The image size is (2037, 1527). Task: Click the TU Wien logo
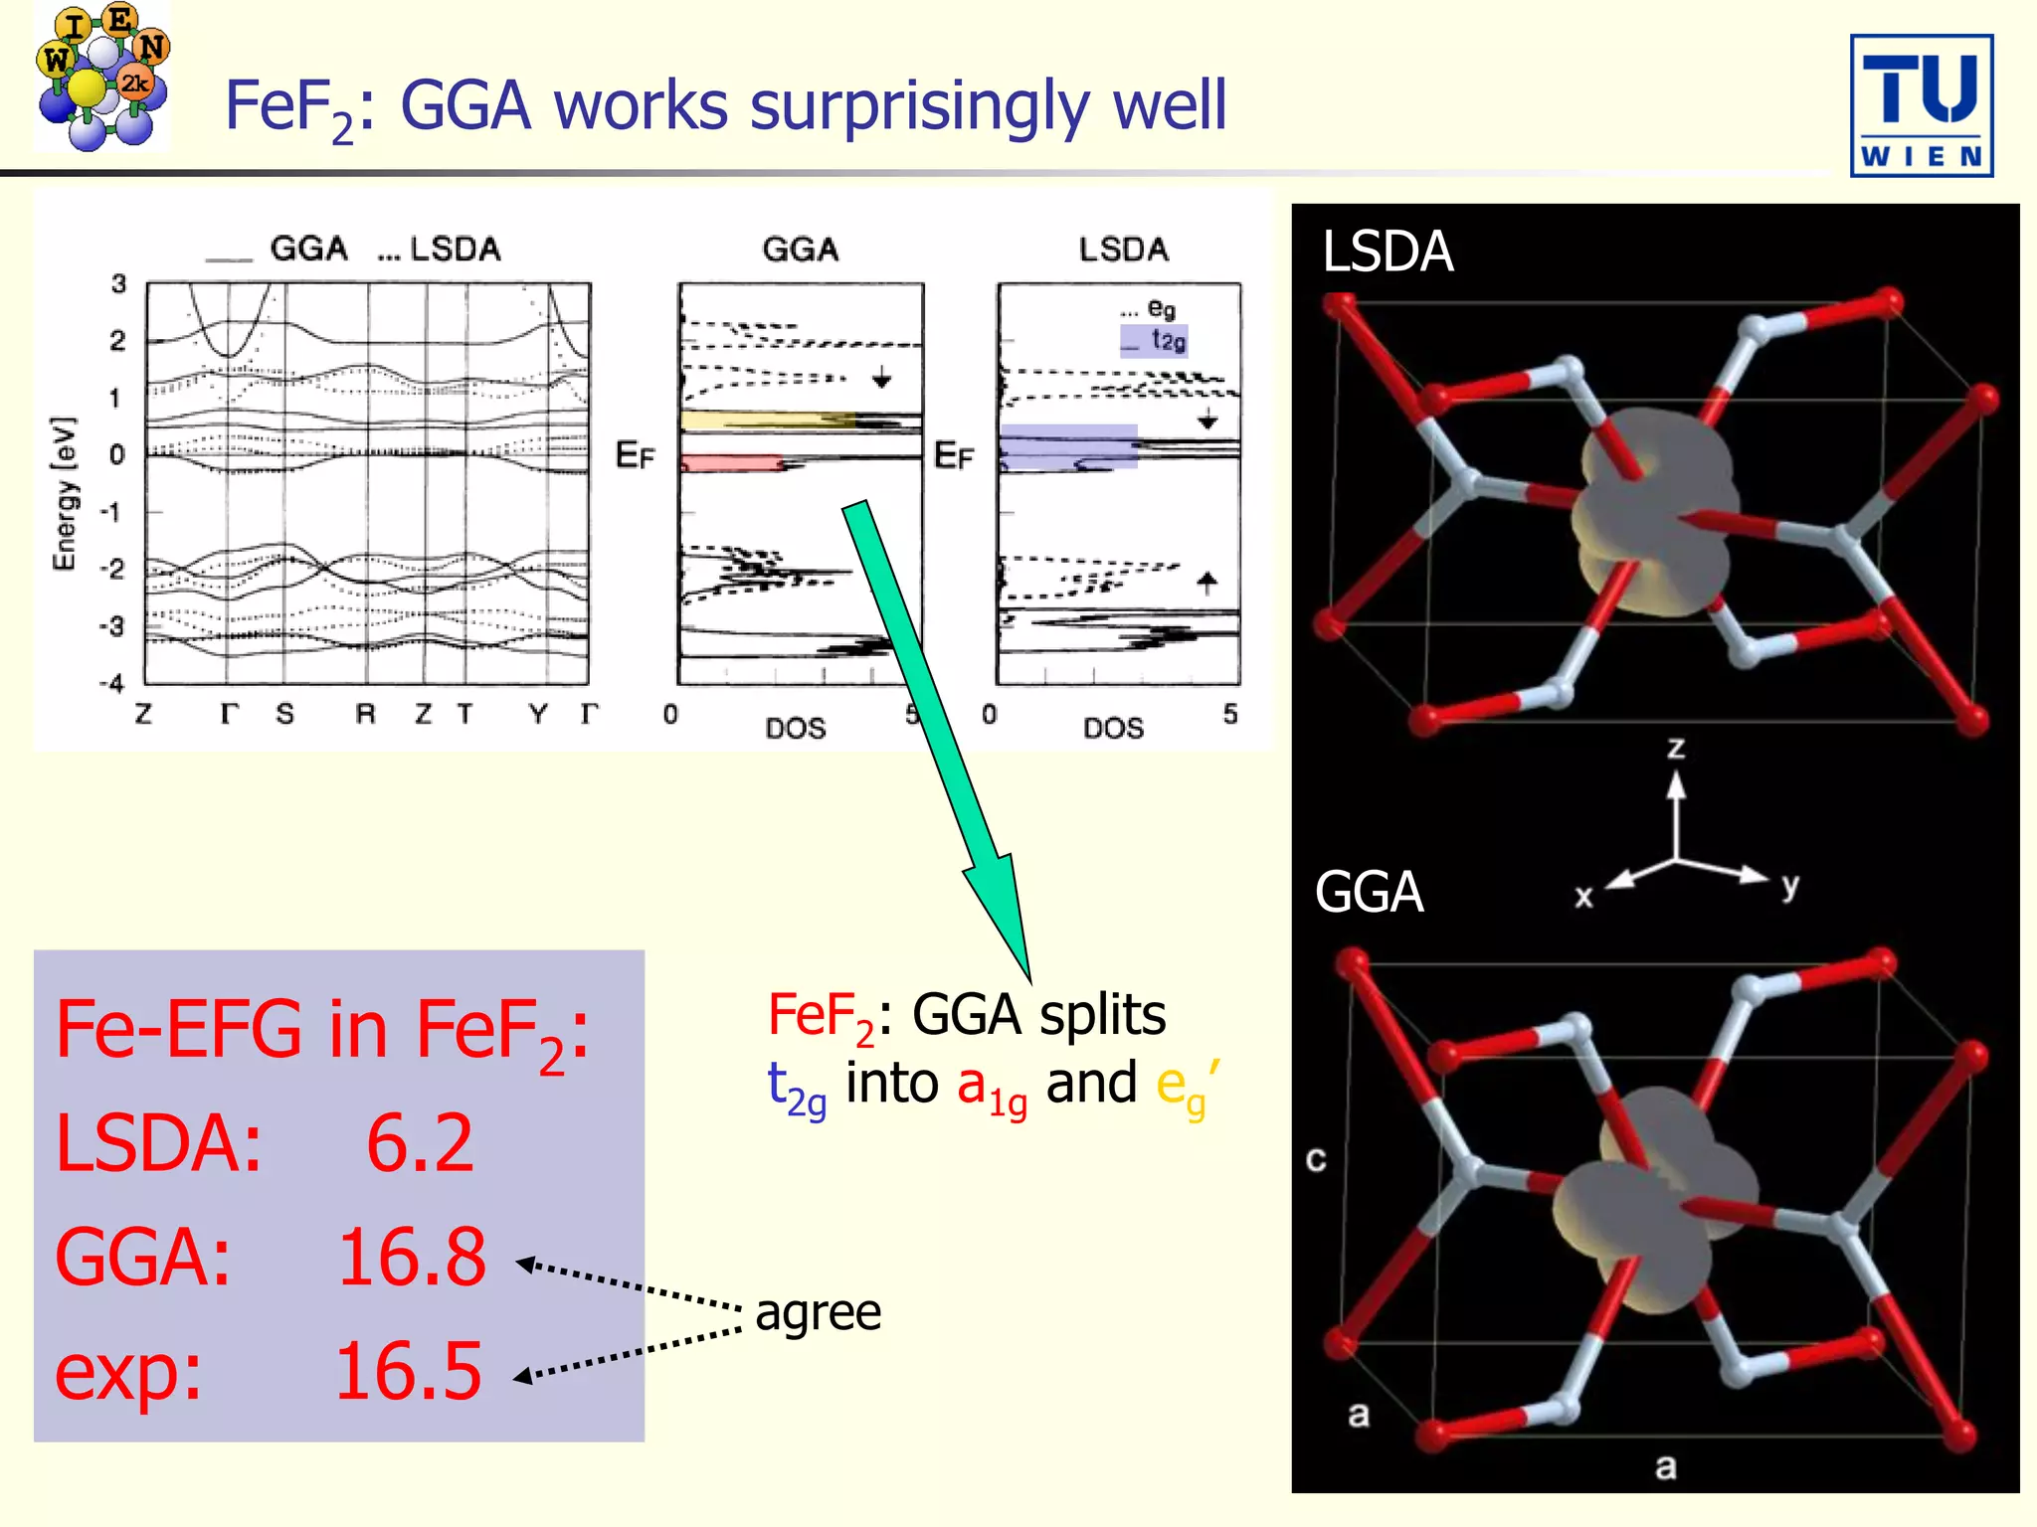(x=1921, y=105)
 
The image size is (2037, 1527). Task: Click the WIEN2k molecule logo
(x=102, y=78)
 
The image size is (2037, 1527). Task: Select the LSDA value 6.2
(x=420, y=1143)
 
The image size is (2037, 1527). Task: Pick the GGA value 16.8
(x=412, y=1258)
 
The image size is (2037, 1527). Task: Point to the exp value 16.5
(x=408, y=1372)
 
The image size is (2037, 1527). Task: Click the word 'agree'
(x=818, y=1312)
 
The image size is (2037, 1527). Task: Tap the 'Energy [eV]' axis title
(x=64, y=494)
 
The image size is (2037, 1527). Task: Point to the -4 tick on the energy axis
(x=112, y=683)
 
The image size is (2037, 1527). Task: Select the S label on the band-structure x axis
(x=285, y=714)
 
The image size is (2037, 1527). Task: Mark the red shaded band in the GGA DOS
(x=731, y=462)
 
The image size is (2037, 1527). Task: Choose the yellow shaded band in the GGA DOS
(x=766, y=420)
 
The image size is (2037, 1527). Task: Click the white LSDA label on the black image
(x=1388, y=252)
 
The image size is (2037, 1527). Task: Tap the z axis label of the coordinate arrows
(x=1676, y=748)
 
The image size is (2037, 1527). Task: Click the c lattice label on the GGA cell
(x=1316, y=1159)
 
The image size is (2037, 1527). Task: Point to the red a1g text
(x=992, y=1086)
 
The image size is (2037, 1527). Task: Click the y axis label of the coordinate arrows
(x=1790, y=884)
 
